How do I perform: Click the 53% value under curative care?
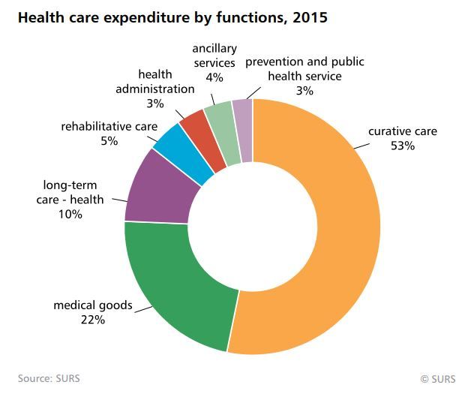402,146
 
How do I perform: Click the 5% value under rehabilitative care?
109,140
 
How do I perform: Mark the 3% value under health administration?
155,102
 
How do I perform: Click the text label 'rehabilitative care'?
109,126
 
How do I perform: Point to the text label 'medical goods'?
92,305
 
